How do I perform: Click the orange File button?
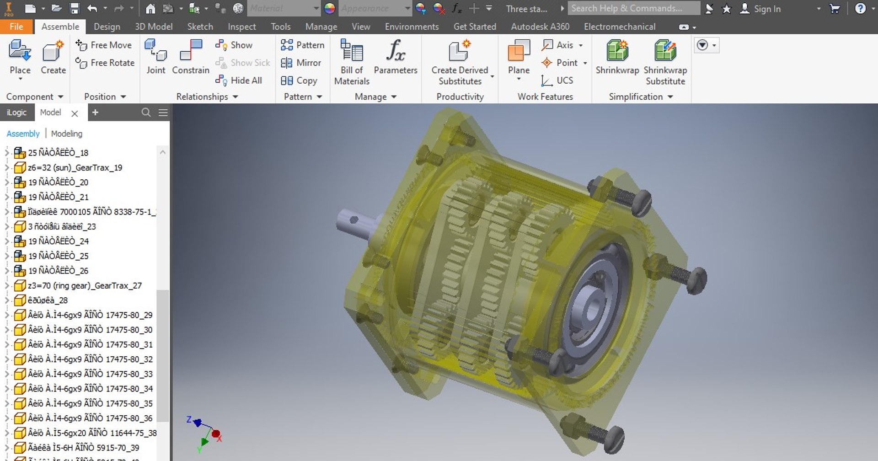(16, 27)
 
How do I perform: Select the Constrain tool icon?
(191, 51)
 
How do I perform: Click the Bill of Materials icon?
(351, 51)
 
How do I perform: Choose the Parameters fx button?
(395, 51)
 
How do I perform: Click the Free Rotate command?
(105, 63)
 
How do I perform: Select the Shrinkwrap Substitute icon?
(665, 51)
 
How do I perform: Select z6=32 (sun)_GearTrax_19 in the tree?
(75, 167)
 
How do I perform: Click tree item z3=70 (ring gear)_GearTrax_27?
(85, 285)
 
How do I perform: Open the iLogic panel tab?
(16, 113)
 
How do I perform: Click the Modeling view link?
(67, 134)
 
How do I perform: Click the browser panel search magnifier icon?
(146, 113)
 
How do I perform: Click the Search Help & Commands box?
(633, 8)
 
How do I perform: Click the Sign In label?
(767, 9)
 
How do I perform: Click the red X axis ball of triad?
(216, 434)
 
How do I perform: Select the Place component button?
(20, 57)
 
